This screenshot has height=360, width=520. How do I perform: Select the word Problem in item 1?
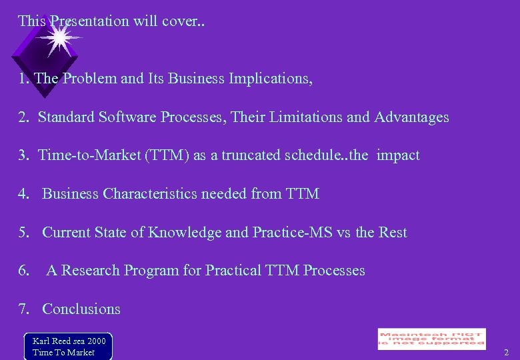click(90, 79)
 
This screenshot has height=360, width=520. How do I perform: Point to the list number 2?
click(23, 117)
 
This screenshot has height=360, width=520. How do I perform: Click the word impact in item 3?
click(398, 155)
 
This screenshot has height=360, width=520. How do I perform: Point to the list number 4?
click(23, 194)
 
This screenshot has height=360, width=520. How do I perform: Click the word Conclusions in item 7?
click(81, 309)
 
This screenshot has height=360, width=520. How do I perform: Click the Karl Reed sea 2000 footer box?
click(68, 346)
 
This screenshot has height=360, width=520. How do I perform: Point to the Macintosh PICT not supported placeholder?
click(431, 339)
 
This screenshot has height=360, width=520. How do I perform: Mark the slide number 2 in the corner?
click(506, 352)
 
